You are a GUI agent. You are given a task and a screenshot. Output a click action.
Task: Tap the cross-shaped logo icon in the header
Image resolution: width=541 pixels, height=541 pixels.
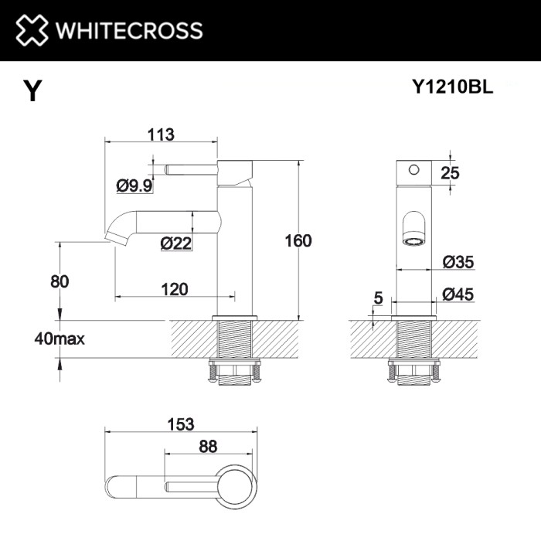click(30, 31)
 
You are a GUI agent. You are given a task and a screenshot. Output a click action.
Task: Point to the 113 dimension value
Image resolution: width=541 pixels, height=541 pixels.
click(160, 134)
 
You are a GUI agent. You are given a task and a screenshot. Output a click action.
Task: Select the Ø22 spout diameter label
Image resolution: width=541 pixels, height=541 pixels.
click(176, 243)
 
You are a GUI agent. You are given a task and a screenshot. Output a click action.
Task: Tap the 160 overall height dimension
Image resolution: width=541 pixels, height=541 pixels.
click(297, 240)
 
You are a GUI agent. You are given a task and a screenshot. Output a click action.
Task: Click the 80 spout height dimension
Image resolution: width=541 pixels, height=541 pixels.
click(60, 281)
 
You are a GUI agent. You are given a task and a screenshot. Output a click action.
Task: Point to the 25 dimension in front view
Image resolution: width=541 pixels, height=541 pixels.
click(449, 172)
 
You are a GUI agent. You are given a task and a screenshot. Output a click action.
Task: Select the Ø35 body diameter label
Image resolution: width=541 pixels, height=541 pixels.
click(458, 262)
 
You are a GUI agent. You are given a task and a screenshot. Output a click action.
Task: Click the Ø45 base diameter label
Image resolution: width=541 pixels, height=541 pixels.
click(458, 293)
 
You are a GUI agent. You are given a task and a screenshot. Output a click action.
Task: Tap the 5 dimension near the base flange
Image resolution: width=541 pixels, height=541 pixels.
click(377, 296)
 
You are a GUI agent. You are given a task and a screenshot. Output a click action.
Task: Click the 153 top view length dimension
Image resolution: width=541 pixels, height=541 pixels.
click(179, 424)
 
